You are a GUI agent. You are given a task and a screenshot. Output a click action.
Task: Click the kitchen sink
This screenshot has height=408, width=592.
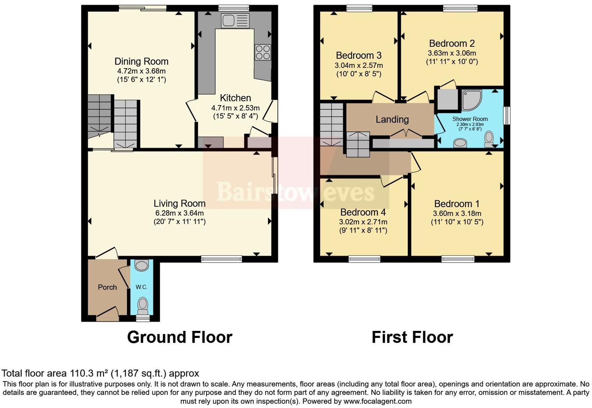[235, 20]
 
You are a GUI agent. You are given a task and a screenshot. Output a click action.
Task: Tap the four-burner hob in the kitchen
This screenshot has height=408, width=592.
[263, 52]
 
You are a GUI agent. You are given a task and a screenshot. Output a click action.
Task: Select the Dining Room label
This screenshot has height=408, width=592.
[141, 62]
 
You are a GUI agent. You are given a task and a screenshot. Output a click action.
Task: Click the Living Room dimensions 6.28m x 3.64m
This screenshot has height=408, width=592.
[179, 213]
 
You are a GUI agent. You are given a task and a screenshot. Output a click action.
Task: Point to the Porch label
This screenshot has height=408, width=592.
[107, 287]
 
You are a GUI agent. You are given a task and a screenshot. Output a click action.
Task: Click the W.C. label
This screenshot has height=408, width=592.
[141, 287]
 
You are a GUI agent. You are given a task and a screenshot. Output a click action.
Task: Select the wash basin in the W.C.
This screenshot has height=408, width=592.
[141, 266]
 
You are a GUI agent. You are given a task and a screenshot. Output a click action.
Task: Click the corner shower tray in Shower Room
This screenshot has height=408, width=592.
[471, 100]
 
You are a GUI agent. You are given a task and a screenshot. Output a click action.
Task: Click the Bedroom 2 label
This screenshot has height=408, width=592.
[452, 44]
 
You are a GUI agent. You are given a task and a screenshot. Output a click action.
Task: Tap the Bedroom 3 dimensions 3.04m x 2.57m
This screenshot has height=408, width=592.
[358, 65]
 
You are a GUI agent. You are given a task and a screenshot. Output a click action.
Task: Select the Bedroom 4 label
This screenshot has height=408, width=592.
[363, 212]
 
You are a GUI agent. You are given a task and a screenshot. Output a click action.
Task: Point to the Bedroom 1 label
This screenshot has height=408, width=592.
[457, 204]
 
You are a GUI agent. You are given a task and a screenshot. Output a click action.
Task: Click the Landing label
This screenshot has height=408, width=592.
[392, 120]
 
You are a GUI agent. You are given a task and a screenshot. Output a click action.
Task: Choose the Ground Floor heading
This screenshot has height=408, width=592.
[180, 337]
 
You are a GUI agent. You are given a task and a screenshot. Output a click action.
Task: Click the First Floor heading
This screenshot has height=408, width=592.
[412, 337]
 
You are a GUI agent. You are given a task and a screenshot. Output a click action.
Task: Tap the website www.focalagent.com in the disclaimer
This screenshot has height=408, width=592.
[377, 401]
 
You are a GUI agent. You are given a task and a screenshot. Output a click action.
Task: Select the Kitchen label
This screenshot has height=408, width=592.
[235, 98]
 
